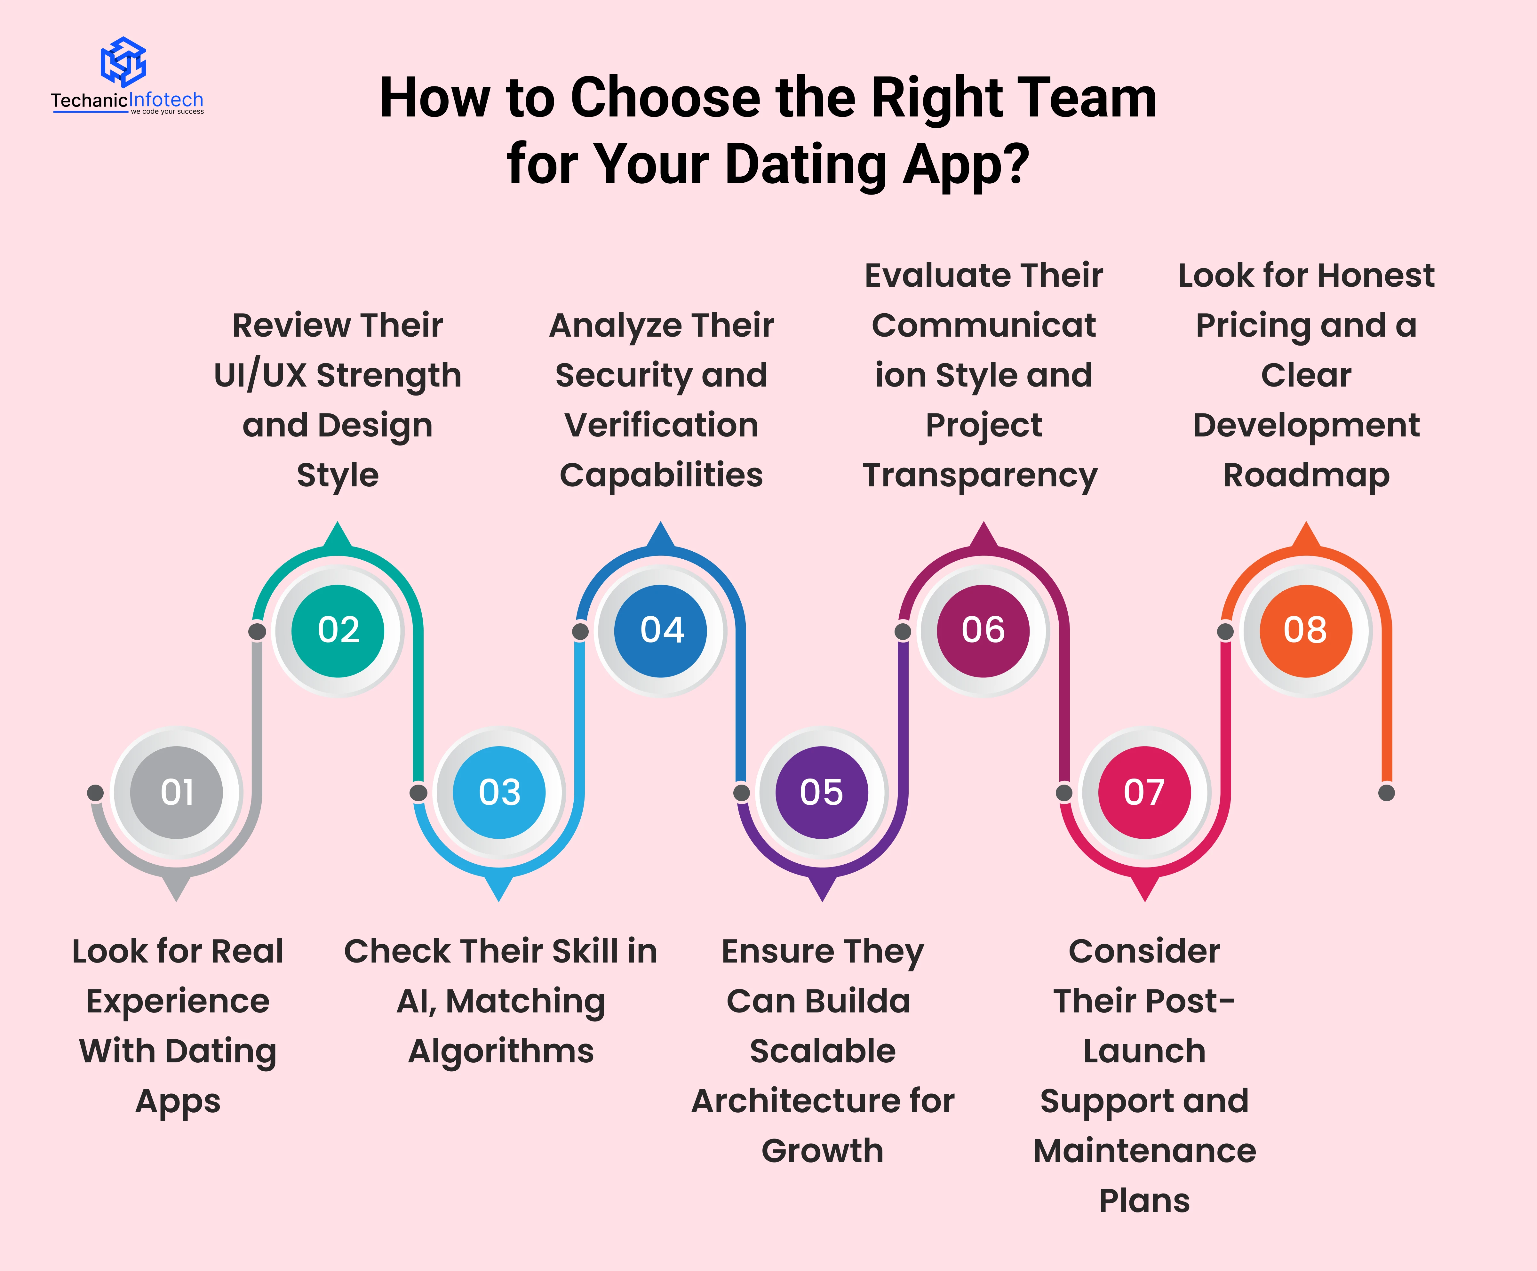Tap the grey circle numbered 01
point(176,792)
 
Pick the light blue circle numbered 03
point(499,792)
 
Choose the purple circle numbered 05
point(822,792)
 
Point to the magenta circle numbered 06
point(983,630)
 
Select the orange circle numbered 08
point(1306,630)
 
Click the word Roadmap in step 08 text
point(1306,475)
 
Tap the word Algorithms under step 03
point(501,1051)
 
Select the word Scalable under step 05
point(823,1051)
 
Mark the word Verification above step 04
point(661,425)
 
